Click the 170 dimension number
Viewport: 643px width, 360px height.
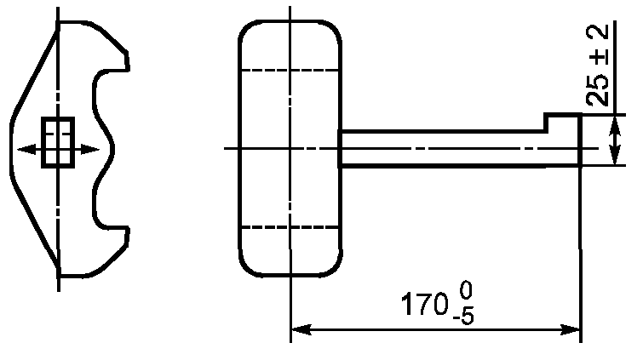click(x=423, y=304)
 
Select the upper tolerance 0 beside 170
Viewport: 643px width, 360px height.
click(x=466, y=292)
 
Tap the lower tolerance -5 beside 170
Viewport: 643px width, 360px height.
click(x=463, y=317)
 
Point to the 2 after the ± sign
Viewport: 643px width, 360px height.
click(x=598, y=36)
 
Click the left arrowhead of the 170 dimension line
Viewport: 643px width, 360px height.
click(x=301, y=329)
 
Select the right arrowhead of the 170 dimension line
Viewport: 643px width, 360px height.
click(x=571, y=329)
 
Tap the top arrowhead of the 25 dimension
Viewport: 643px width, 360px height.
click(x=615, y=125)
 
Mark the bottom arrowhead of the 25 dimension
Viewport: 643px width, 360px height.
click(x=615, y=155)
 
